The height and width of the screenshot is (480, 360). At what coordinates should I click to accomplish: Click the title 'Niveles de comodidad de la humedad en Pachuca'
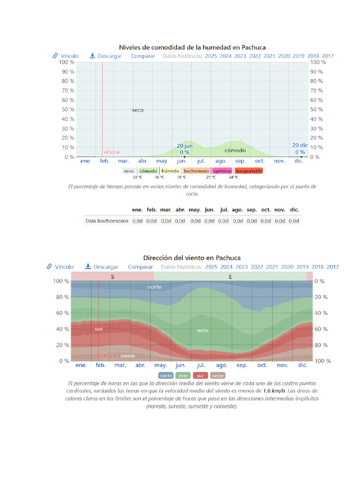192,47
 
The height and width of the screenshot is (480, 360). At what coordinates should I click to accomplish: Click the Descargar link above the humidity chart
106,56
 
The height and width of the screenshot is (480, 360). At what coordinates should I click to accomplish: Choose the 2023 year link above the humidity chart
240,56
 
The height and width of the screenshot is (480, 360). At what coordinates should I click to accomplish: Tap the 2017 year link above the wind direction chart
333,267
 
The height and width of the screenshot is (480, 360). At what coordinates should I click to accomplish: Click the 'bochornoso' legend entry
196,171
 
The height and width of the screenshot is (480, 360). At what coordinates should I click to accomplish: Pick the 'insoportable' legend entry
248,171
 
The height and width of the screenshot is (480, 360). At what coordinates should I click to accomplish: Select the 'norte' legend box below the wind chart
166,375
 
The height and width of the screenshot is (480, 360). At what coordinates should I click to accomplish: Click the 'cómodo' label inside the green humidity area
235,150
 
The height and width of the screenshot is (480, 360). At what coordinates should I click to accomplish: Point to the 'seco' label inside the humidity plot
138,110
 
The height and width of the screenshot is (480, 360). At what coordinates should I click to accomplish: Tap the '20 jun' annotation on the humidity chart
184,146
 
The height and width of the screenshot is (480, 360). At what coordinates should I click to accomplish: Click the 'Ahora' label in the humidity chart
112,152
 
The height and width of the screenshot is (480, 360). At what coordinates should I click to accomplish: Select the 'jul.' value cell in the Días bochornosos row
224,221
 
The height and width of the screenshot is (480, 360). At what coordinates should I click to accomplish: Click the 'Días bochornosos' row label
107,221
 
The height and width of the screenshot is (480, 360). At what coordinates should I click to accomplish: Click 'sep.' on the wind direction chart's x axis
242,365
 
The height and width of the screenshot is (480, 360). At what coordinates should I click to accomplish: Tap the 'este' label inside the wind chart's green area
202,330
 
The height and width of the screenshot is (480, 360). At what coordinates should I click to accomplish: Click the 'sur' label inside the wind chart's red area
98,329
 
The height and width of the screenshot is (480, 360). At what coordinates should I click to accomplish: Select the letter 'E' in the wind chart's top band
230,277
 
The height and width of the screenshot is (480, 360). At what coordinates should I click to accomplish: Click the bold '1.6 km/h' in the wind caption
274,390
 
